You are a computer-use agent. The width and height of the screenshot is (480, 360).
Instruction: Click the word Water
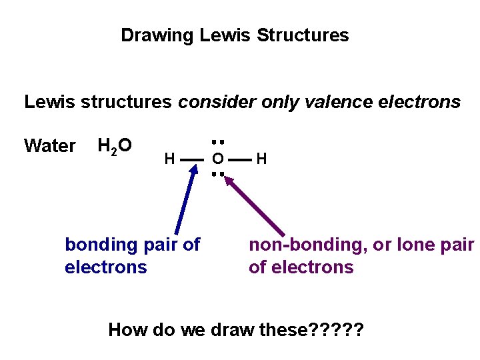[x=49, y=146]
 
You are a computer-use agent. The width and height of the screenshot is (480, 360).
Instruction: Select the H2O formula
[x=114, y=145]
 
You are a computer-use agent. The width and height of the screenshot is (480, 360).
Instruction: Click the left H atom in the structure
[x=169, y=159]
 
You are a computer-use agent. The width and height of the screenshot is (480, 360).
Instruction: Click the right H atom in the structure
[x=261, y=159]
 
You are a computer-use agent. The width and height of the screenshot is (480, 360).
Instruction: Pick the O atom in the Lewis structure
[x=217, y=159]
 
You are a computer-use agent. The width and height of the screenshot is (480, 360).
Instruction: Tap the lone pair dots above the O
[x=217, y=141]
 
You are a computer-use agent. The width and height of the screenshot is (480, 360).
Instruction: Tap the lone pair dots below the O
[x=217, y=175]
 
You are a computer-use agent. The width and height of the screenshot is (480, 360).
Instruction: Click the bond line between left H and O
[x=191, y=159]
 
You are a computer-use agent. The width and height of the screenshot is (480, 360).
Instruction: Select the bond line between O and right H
[x=241, y=159]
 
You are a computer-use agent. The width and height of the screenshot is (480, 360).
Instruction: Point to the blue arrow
[x=186, y=200]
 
